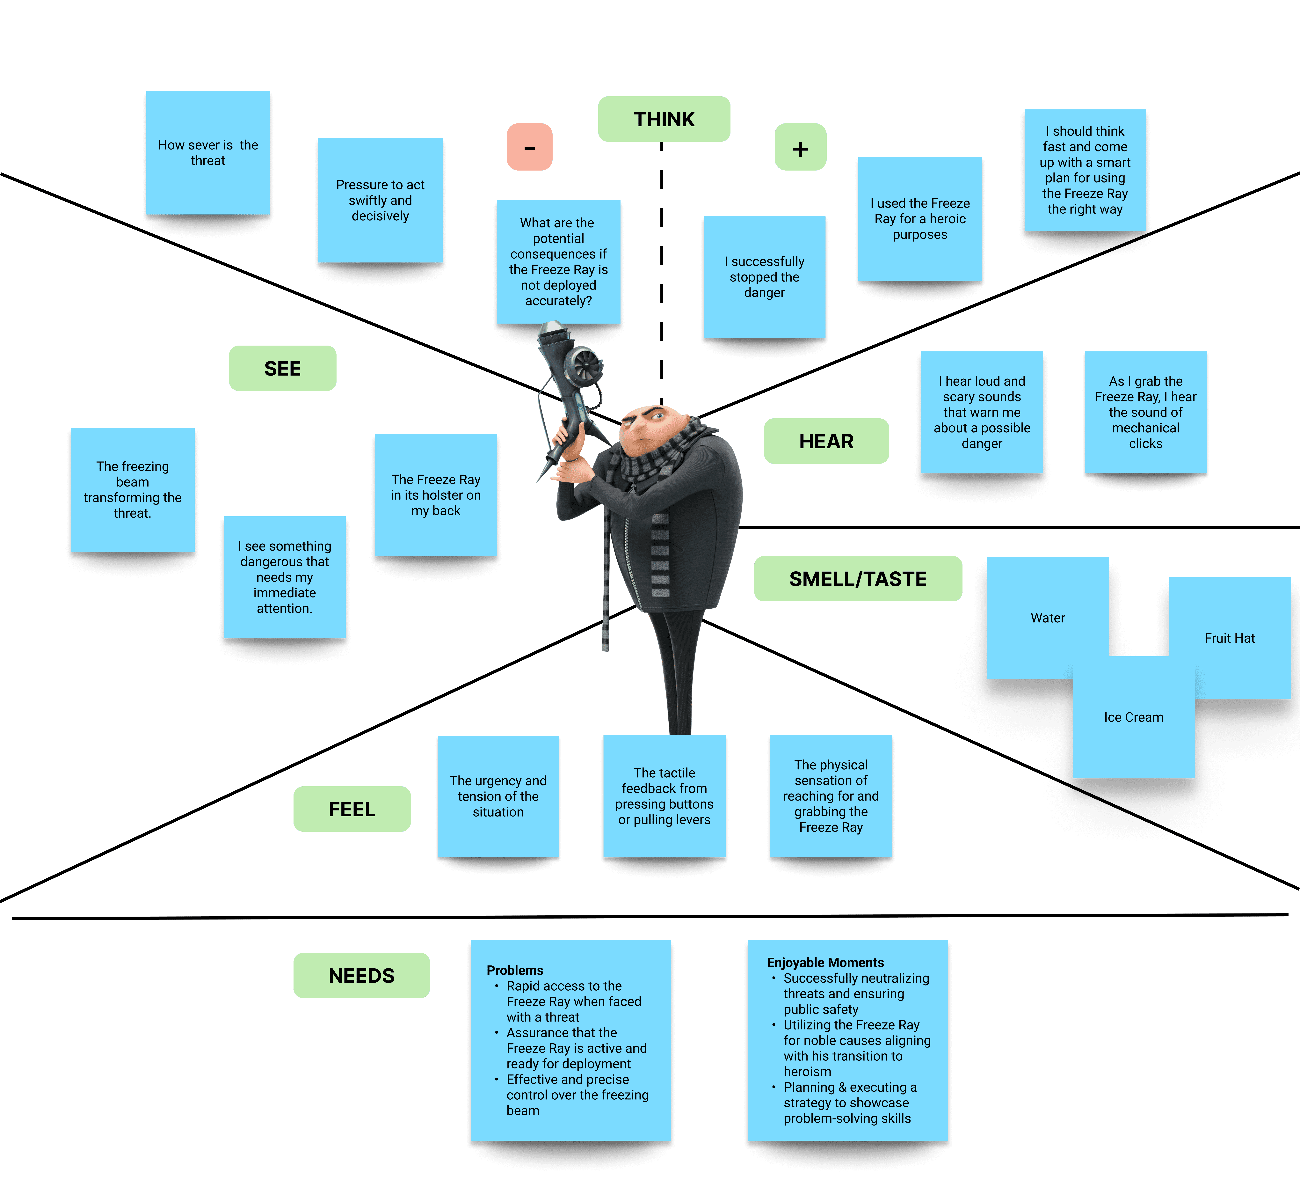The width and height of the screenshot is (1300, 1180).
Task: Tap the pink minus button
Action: pos(529,147)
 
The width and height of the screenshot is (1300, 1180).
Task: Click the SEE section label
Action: pos(282,368)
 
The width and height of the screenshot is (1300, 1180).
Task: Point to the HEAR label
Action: pos(826,441)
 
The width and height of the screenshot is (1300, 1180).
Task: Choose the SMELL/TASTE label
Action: pos(858,579)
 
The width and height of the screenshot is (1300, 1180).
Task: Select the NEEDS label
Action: pos(361,976)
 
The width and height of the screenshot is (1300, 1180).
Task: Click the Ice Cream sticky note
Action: pos(1133,717)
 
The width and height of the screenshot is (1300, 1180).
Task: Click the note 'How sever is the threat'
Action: pos(208,153)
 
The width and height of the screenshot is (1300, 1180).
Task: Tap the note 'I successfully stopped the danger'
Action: pos(764,277)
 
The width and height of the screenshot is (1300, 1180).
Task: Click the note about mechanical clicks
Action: pos(1145,412)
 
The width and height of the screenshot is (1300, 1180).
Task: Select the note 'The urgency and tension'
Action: pos(498,796)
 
